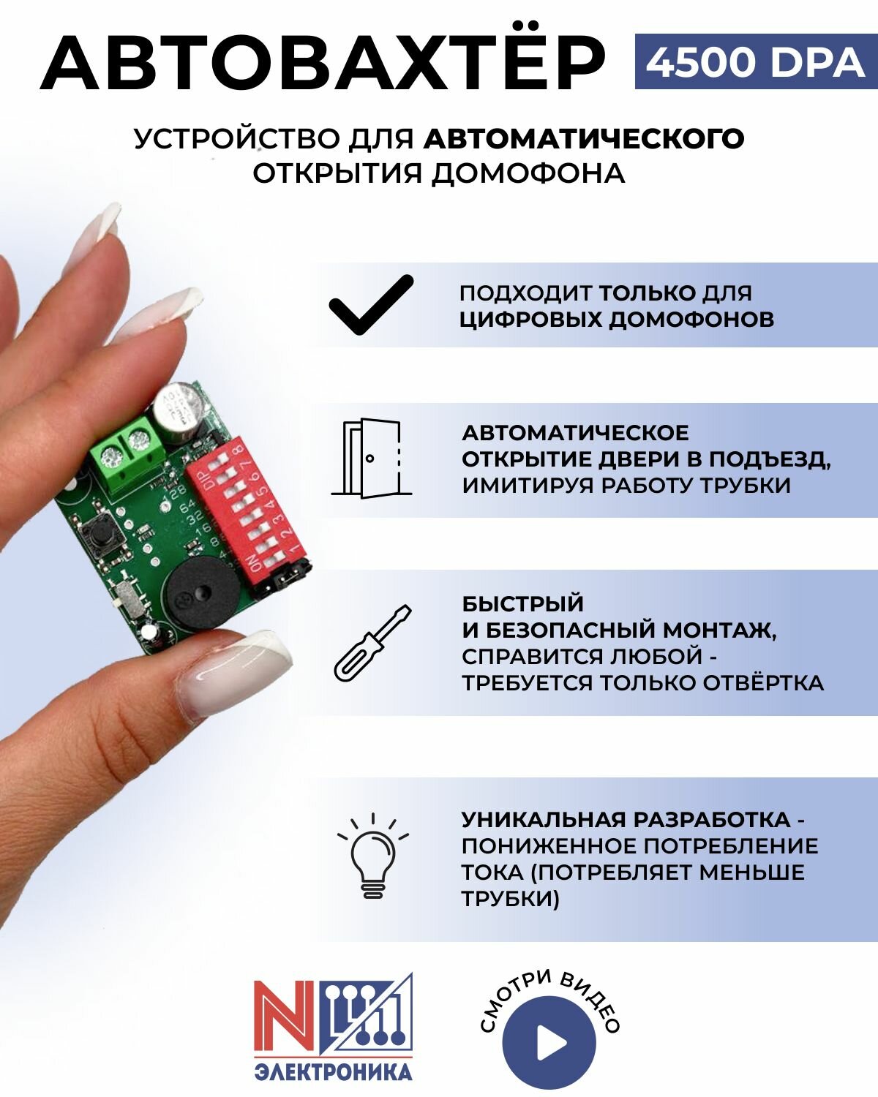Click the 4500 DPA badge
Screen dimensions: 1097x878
click(x=755, y=62)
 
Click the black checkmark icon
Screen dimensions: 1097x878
click(x=371, y=304)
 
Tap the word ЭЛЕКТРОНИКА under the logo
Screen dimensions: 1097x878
click(x=333, y=1072)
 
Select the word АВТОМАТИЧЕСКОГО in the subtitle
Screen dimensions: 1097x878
click(x=584, y=138)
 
